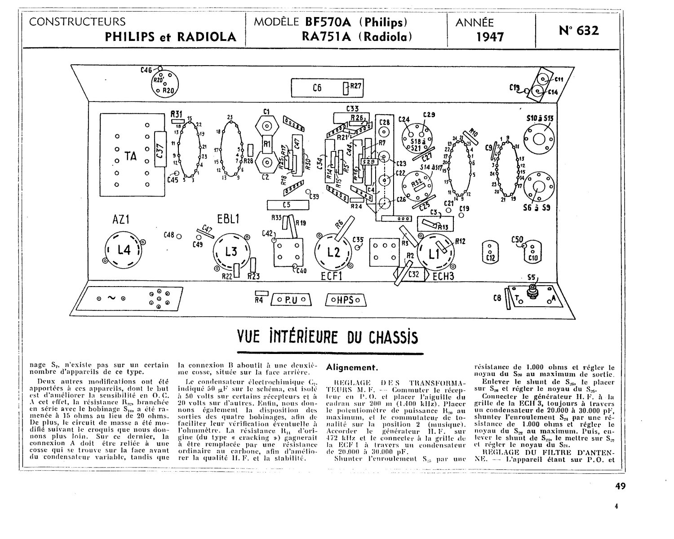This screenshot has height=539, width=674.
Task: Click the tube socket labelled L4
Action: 124,250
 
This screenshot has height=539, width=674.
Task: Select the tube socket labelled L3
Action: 231,252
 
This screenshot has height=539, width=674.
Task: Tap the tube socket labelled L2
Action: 333,252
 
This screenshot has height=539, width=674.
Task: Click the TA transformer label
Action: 130,156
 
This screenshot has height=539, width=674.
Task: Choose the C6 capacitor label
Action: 317,88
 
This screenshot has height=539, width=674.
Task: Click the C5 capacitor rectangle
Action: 288,205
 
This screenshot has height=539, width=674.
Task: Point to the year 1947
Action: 490,37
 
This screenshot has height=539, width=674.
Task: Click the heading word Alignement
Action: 350,367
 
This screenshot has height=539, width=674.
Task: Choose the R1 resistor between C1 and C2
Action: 266,144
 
